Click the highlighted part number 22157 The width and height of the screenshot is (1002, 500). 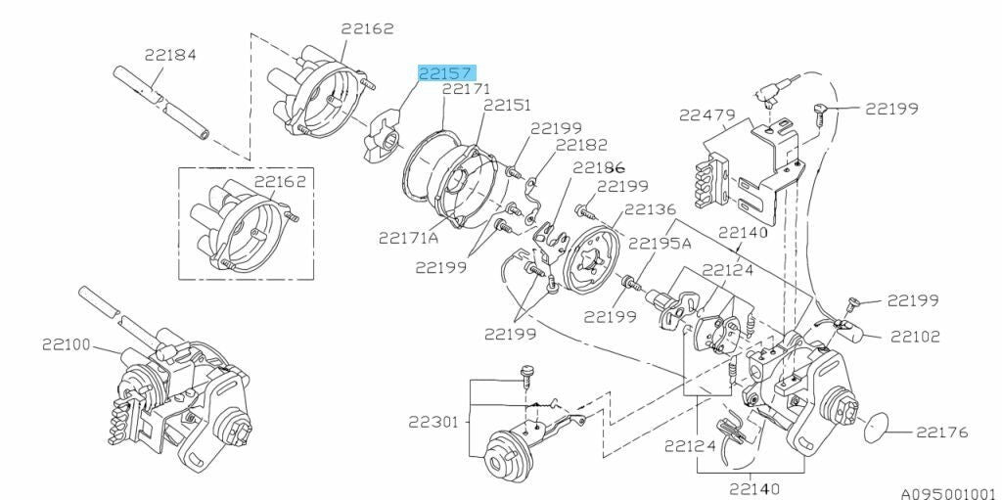(447, 72)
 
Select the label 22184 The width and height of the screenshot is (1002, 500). (170, 55)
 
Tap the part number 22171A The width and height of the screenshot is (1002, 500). (409, 238)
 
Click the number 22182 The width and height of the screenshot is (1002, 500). (581, 145)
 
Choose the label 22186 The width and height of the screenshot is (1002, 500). (599, 167)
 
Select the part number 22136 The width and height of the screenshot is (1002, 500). (650, 209)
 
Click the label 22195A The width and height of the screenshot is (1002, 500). (660, 243)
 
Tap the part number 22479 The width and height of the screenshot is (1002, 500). (706, 115)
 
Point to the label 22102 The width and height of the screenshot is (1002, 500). (916, 337)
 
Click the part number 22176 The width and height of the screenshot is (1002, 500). (942, 432)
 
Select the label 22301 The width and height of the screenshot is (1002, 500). (433, 422)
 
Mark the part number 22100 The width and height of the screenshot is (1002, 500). (68, 344)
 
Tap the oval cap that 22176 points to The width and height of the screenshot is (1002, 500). (877, 428)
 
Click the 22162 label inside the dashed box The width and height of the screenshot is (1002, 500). (281, 181)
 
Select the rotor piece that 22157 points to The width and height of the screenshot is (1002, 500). (379, 136)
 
